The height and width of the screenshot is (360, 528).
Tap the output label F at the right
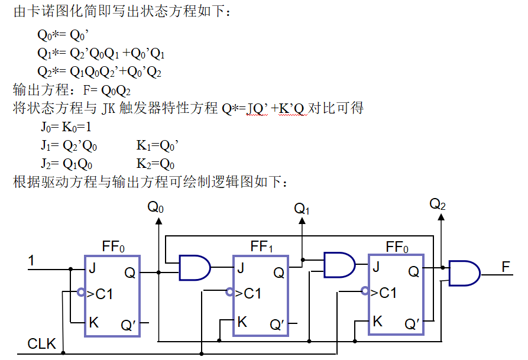pyautogui.click(x=506, y=267)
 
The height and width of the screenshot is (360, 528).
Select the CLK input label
pyautogui.click(x=41, y=343)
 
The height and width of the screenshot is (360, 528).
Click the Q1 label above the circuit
pyautogui.click(x=302, y=209)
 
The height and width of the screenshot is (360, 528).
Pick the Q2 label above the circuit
pyautogui.click(x=438, y=205)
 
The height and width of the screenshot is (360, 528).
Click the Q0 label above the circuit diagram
pyautogui.click(x=156, y=207)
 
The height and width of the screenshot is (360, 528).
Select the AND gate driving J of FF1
pyautogui.click(x=195, y=268)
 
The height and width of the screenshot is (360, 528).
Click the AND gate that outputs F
pyautogui.click(x=464, y=273)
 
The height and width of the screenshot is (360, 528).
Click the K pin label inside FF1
pyautogui.click(x=242, y=322)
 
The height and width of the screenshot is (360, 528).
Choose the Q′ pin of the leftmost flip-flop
pyautogui.click(x=129, y=325)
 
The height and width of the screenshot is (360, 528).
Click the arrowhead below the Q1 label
pyautogui.click(x=302, y=221)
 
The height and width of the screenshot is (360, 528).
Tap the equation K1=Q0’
pyautogui.click(x=156, y=145)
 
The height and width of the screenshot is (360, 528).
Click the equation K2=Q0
pyautogui.click(x=155, y=164)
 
